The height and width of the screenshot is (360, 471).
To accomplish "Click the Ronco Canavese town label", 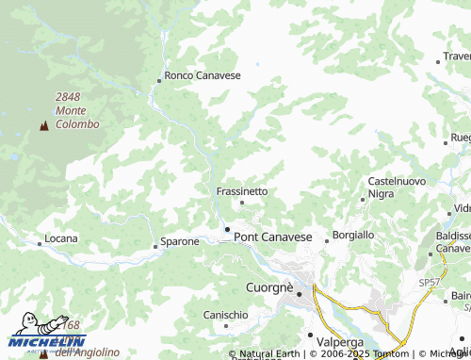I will pyautogui.click(x=203, y=75).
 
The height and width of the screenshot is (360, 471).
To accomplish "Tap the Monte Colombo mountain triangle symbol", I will pyautogui.click(x=43, y=126).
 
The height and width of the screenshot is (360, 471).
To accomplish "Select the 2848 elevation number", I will pyautogui.click(x=69, y=96).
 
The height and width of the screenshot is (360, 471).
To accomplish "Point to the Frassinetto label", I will pyautogui.click(x=242, y=190).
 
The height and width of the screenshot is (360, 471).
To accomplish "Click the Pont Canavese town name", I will pyautogui.click(x=273, y=237).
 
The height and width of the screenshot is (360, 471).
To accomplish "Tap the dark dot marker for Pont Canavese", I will pyautogui.click(x=227, y=229).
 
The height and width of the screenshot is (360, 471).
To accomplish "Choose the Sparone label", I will pyautogui.click(x=179, y=241).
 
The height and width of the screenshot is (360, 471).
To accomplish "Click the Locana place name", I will pyautogui.click(x=61, y=241).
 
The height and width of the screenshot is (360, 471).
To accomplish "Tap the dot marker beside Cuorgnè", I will pyautogui.click(x=300, y=294).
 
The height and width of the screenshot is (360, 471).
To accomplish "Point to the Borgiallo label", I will pyautogui.click(x=353, y=234).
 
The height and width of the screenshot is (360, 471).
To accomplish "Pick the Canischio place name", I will pyautogui.click(x=226, y=314).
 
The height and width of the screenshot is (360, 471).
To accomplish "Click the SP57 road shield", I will pyautogui.click(x=430, y=283).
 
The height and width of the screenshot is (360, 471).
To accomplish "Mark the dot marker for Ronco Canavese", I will pyautogui.click(x=159, y=81).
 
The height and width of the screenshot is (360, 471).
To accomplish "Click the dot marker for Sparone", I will pyautogui.click(x=155, y=246).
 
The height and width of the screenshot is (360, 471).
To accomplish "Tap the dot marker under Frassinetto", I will pyautogui.click(x=242, y=202).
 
